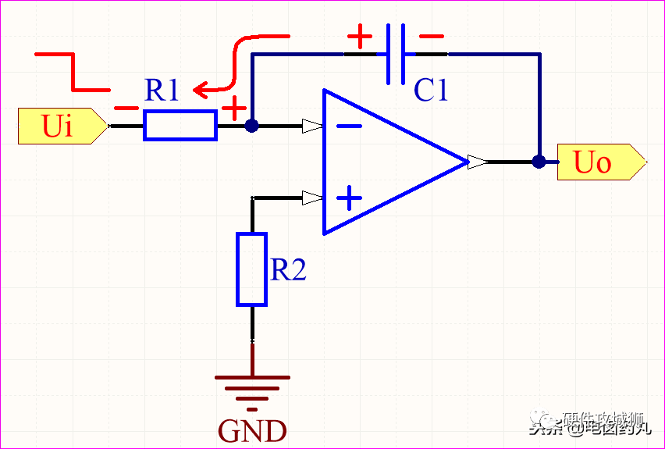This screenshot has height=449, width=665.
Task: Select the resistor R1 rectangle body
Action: point(180,125)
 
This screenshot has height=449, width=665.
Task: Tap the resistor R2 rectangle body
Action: point(251,269)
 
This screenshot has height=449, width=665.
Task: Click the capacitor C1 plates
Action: point(396,54)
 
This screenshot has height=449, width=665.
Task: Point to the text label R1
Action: point(162,91)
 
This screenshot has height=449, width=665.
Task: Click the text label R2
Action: point(288,270)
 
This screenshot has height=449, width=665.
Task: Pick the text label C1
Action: point(431,91)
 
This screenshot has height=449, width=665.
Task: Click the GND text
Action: point(252,430)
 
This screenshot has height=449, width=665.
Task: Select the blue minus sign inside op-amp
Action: point(350,125)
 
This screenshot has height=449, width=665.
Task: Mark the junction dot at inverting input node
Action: point(251,125)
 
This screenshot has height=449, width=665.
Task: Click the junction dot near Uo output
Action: point(539,162)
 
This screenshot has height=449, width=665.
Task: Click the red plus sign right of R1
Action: point(233,109)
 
